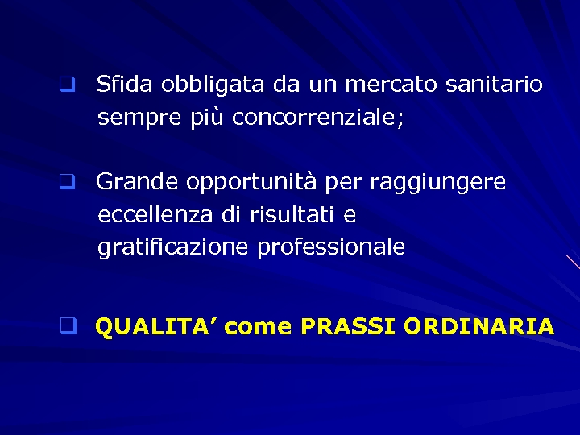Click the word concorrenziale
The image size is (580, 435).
(x=317, y=118)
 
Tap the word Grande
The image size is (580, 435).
(x=137, y=183)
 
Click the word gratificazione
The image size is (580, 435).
(x=173, y=248)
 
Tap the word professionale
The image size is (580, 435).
(x=331, y=248)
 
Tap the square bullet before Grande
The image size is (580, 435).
(x=66, y=182)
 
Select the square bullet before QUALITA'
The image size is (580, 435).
(x=68, y=326)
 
